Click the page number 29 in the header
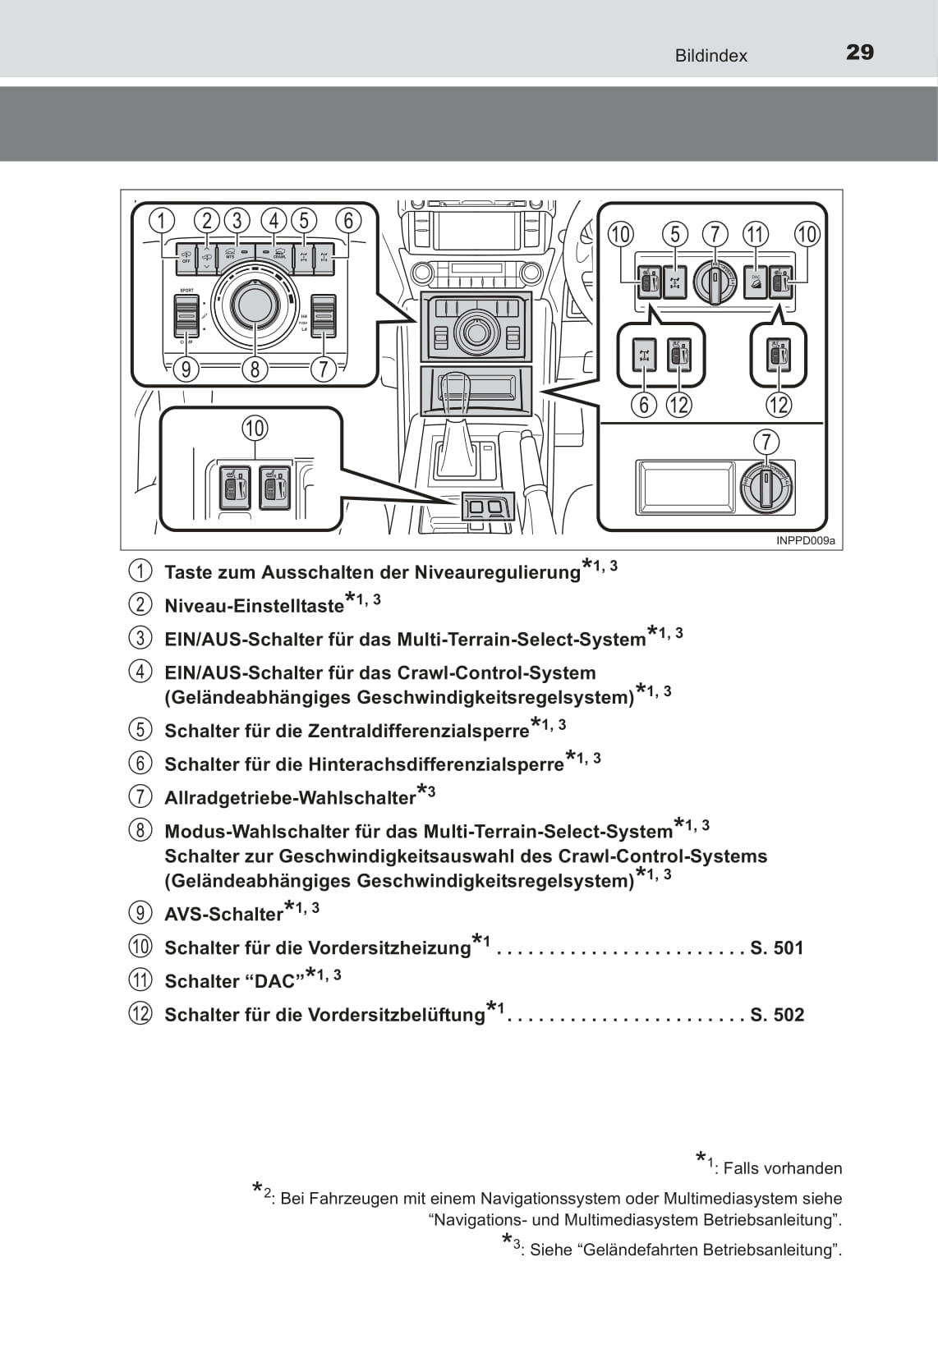[859, 53]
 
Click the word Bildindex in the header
[710, 56]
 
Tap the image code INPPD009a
[805, 540]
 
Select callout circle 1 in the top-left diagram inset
[162, 220]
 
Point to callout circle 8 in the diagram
[255, 369]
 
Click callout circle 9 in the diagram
[186, 369]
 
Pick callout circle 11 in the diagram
[755, 234]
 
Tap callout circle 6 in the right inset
[644, 404]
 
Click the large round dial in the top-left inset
[255, 305]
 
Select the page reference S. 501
[776, 947]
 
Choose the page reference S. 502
[776, 1014]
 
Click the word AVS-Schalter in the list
[223, 914]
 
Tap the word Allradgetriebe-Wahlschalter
[290, 797]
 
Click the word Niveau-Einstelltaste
[254, 606]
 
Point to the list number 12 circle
[140, 1013]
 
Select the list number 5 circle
[140, 729]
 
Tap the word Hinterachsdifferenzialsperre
[435, 764]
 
